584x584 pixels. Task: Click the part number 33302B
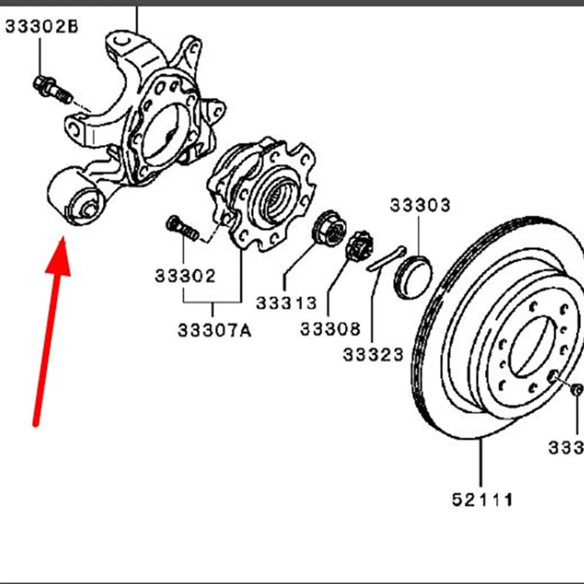(x=41, y=27)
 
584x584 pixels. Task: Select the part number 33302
(x=185, y=275)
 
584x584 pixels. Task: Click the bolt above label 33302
(x=183, y=228)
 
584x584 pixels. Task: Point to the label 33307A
(x=214, y=331)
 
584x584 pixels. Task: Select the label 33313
(x=286, y=303)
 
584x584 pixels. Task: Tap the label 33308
(x=331, y=329)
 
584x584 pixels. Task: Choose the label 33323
(x=373, y=354)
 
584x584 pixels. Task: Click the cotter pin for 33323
(x=386, y=259)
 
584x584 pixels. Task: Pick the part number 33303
(x=420, y=206)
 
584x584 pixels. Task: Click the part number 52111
(x=483, y=500)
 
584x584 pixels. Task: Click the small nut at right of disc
(x=576, y=390)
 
